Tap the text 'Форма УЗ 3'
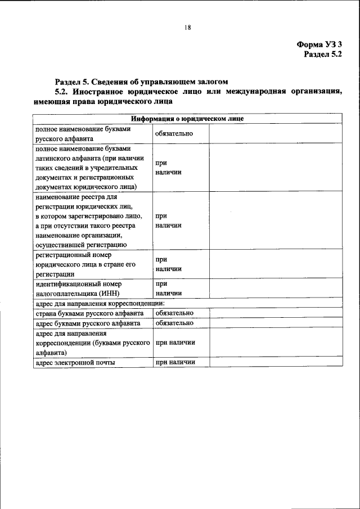(319, 44)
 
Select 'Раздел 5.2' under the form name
(323, 55)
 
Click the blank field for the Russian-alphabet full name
(275, 133)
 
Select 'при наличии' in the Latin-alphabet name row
(168, 168)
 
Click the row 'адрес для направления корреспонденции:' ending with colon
(100, 304)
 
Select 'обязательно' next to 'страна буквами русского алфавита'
(174, 313)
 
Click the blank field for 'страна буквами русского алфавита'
(275, 313)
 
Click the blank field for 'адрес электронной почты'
(275, 363)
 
